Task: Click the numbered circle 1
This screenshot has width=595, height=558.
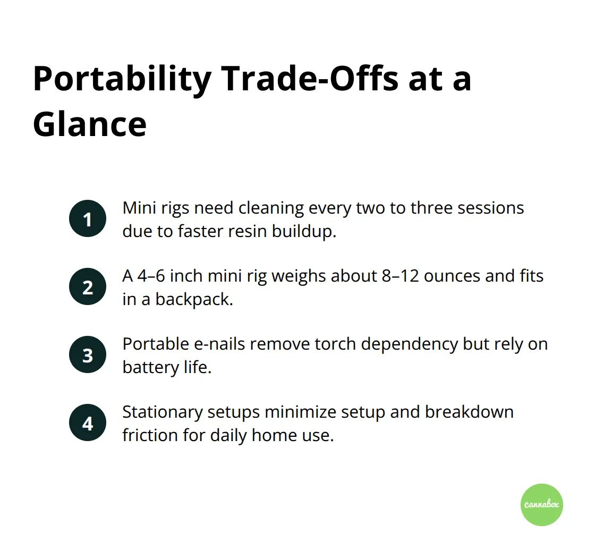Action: pos(88,218)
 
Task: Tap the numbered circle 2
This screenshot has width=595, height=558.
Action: pos(88,286)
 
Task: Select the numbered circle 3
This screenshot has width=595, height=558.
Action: pos(88,354)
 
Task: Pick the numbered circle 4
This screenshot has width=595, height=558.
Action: pos(88,422)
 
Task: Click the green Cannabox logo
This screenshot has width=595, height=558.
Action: pos(541,504)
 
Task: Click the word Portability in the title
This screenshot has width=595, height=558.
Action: pos(122,79)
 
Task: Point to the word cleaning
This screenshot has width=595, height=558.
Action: pos(271,208)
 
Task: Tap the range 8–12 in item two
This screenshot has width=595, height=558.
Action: pos(401,276)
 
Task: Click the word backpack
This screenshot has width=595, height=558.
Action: pos(194,299)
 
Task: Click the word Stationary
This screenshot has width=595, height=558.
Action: pos(163,412)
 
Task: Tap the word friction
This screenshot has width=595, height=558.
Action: pos(150,435)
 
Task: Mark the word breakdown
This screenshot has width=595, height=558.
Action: pos(469,412)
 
